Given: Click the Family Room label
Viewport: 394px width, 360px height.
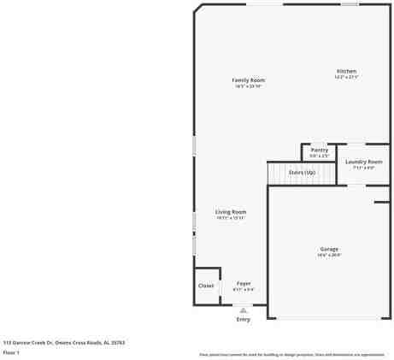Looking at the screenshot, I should coord(248,80).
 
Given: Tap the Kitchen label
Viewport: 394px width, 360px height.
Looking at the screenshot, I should coord(346,71).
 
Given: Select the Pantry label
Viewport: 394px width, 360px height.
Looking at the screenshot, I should coord(319,150).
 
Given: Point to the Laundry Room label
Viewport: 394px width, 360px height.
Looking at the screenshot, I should coord(363,162).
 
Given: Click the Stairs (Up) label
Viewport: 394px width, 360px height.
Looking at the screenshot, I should coord(302,172).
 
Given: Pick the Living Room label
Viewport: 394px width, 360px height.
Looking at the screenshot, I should coord(231,212).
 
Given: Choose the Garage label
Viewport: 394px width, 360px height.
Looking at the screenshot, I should coord(329,249).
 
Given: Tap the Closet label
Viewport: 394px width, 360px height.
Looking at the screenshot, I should coord(206,286).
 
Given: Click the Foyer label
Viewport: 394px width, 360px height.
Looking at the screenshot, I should coord(244,283).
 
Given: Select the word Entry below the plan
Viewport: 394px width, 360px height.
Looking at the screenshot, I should coord(244,319).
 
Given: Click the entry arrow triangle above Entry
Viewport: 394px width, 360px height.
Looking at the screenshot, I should coord(244,310).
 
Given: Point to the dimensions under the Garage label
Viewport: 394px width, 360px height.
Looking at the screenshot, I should coord(329,255).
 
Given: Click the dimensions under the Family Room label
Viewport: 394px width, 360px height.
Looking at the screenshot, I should coord(248,86).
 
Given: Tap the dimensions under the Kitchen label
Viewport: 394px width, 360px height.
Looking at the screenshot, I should coord(346,77).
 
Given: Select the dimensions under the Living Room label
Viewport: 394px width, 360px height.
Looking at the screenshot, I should coord(231,218).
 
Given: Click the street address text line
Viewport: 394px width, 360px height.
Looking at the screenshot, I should coord(64,341).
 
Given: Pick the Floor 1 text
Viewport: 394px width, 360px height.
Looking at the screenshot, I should coord(12,351).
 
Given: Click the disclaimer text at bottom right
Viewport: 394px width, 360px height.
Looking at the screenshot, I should coord(291,354).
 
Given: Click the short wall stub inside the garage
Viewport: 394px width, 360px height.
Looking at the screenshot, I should coord(381,202).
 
